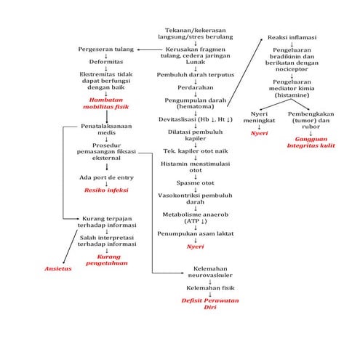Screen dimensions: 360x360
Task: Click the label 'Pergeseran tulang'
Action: [x=106, y=49]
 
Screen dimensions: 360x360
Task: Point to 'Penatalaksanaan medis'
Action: [x=106, y=129]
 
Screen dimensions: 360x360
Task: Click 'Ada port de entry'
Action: [x=106, y=177]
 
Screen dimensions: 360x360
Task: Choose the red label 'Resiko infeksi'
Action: [x=106, y=190]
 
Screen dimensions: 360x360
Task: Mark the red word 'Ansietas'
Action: [x=58, y=268]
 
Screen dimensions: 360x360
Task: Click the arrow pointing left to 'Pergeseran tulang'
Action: [x=146, y=49]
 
